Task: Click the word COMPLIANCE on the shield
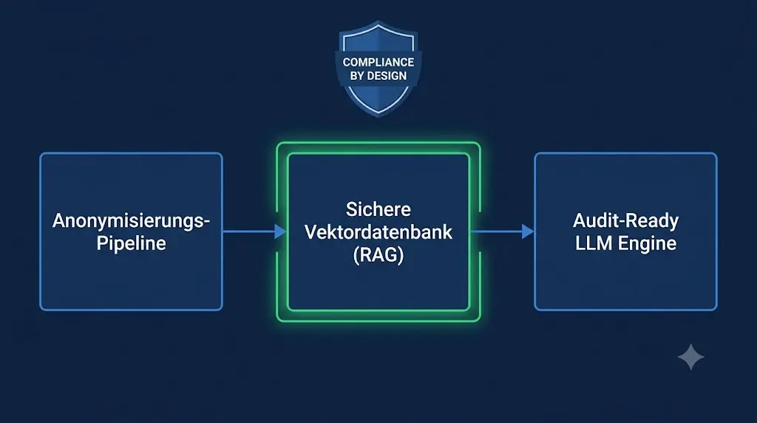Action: [x=378, y=62]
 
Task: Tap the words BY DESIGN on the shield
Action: [x=378, y=76]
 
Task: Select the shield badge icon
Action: [x=378, y=68]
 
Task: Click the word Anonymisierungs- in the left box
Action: [x=131, y=221]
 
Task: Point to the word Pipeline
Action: [x=131, y=243]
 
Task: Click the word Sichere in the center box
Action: [x=378, y=209]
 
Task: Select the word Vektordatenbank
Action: [x=378, y=232]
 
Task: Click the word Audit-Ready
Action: [x=625, y=221]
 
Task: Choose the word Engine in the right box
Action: [x=647, y=244]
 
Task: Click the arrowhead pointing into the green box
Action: [x=280, y=231]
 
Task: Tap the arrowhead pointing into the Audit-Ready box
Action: [x=528, y=231]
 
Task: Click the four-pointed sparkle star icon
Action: [x=691, y=357]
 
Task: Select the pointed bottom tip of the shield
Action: [x=378, y=116]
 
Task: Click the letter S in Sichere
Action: [x=351, y=209]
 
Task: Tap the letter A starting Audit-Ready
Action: [x=580, y=220]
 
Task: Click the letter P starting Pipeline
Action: [x=102, y=243]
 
